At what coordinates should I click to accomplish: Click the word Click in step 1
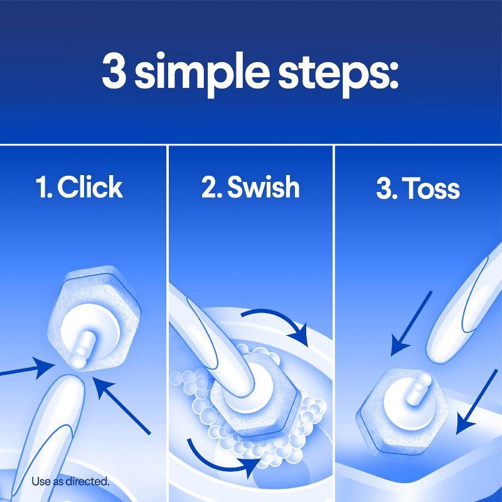(90, 188)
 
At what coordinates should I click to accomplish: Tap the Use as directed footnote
(70, 482)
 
